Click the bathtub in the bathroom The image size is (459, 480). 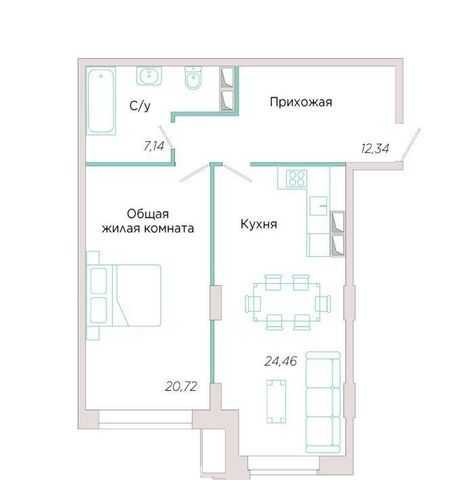[x=101, y=101]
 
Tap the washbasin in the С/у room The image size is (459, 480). [x=149, y=76]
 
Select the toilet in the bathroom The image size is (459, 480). [x=193, y=78]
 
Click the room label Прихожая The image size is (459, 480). [x=301, y=102]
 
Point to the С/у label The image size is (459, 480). [x=140, y=106]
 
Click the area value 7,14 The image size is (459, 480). [x=154, y=146]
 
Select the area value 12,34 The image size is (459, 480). [x=375, y=149]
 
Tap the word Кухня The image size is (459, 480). [x=259, y=224]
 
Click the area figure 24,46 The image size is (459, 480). [x=281, y=361]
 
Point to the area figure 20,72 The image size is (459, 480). [x=181, y=386]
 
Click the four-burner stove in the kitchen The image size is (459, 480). [x=297, y=178]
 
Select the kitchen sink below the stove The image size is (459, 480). [x=319, y=206]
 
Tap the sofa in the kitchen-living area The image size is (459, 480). [x=323, y=402]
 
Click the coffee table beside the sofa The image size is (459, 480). [x=276, y=401]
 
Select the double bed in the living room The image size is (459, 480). [x=124, y=295]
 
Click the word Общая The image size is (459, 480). [x=148, y=214]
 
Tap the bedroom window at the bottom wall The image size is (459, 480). [x=145, y=418]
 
